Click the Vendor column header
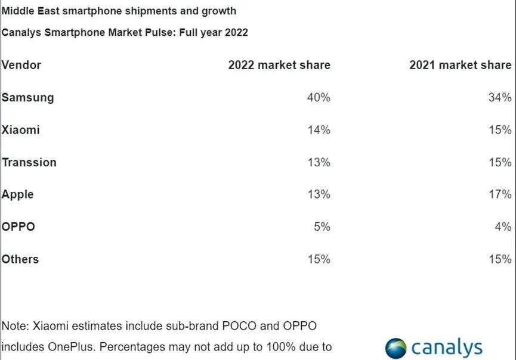[x=21, y=65]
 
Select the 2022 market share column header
[x=279, y=65]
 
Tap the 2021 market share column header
[x=460, y=65]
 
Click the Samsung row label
[x=27, y=97]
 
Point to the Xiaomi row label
[x=21, y=129]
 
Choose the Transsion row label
[x=29, y=162]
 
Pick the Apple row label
[x=18, y=194]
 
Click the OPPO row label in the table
[x=18, y=226]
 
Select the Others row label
[x=20, y=259]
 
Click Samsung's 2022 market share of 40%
[x=319, y=97]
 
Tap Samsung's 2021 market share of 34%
[x=500, y=97]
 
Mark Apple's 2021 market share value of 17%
[x=500, y=194]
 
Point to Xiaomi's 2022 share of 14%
[x=319, y=129]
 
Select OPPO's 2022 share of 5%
[x=322, y=226]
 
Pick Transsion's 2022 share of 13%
[x=319, y=162]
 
